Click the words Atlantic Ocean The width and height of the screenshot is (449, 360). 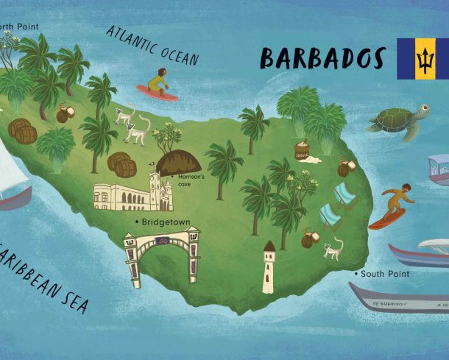coord(152,45)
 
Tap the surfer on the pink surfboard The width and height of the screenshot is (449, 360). coord(158,83)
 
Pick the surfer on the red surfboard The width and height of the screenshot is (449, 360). coord(389,205)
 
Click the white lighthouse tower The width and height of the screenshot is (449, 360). coord(269,266)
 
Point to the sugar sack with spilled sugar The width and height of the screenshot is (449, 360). coord(303,152)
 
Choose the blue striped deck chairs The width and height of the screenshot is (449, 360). coord(336,205)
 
